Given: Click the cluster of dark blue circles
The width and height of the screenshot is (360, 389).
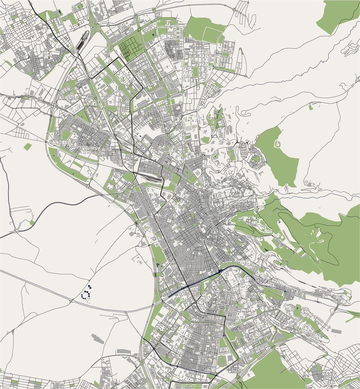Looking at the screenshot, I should coord(86,294).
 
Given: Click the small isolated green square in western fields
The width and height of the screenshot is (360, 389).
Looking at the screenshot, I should coord(28,147).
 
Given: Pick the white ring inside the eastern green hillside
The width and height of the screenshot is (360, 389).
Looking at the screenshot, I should coord(278,144).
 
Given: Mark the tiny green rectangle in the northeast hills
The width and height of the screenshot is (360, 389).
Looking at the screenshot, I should coord(311,107).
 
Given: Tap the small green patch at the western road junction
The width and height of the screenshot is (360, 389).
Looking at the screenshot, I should coord(32,222).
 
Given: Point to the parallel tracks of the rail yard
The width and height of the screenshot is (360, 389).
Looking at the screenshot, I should coord(151,178).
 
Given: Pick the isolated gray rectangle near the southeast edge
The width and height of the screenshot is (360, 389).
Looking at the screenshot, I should coord(336,331).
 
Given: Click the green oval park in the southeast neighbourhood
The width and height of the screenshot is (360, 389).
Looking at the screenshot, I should coord(297,310).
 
